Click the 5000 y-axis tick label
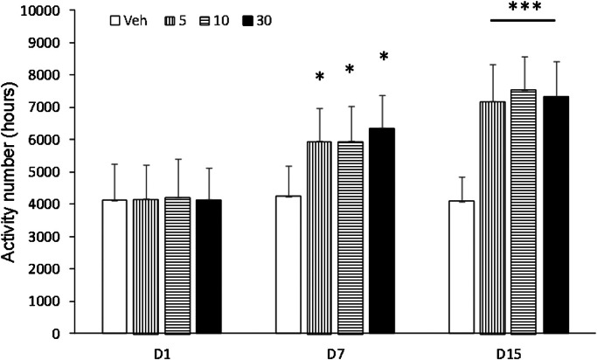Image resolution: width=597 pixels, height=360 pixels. pos(70,172)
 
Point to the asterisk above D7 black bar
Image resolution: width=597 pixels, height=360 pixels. pos(383,58)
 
